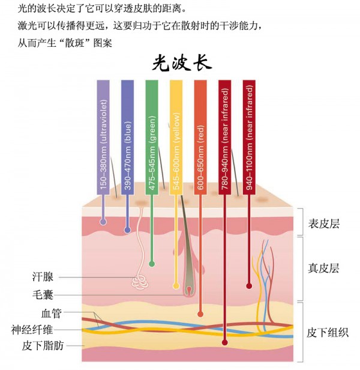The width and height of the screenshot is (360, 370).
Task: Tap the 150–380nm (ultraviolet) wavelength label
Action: [x=103, y=138]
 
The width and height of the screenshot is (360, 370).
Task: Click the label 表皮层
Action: [x=323, y=224]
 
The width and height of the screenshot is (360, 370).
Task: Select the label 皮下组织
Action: [x=328, y=332]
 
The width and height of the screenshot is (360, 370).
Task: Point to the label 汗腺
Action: [x=43, y=277]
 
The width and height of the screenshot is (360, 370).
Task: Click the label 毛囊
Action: [x=43, y=295]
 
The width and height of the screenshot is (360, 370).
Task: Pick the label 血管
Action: [x=52, y=313]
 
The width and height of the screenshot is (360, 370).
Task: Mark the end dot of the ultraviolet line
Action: [x=103, y=222]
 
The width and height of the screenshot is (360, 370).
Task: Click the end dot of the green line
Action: [x=152, y=262]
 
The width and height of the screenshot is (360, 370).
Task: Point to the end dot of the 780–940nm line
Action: [x=225, y=343]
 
